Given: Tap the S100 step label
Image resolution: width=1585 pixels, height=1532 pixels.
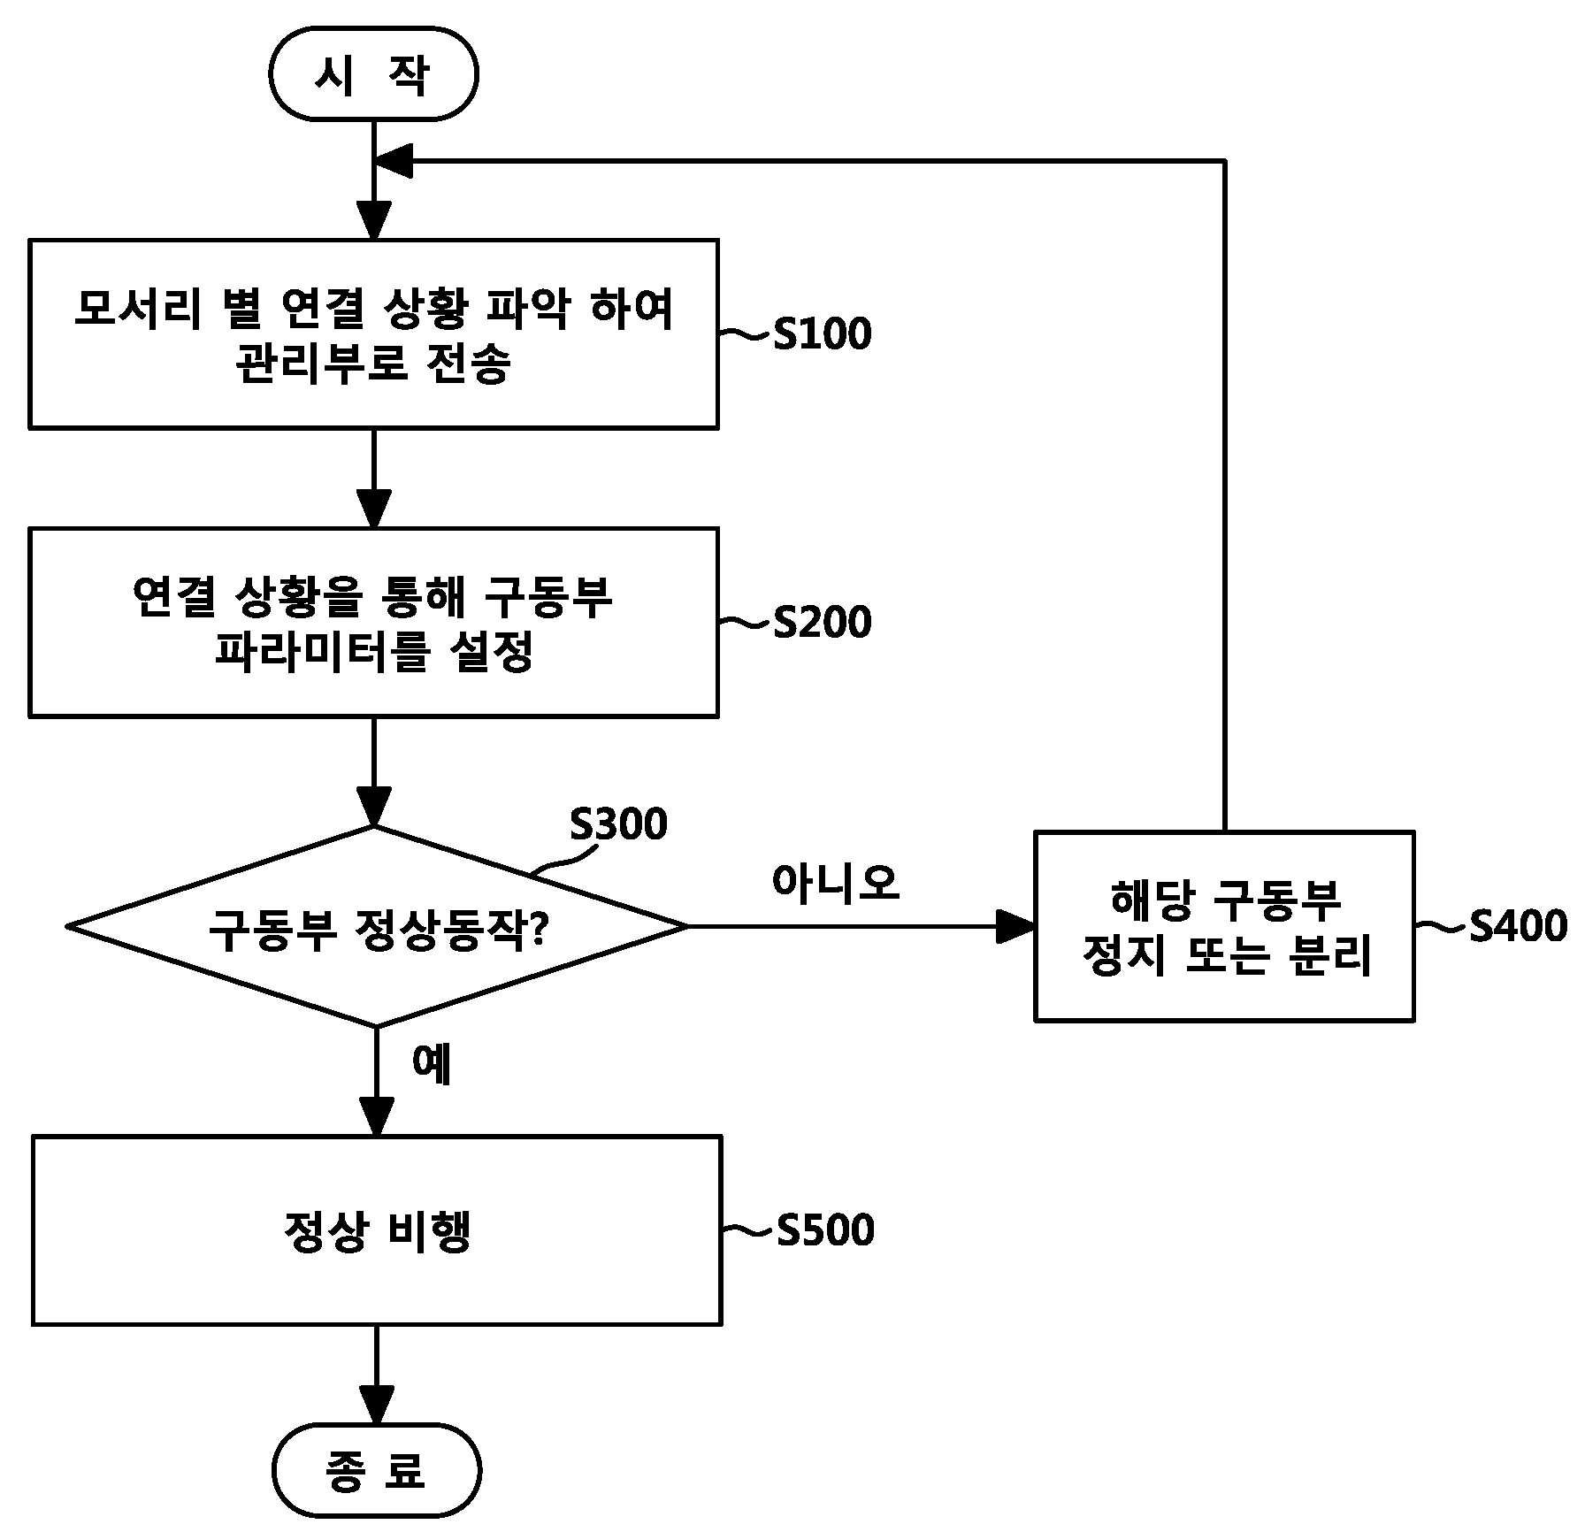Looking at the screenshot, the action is [823, 333].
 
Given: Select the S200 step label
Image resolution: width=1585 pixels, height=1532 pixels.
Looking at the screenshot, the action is [823, 622].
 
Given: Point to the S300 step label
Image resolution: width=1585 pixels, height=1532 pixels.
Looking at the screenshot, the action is [618, 824].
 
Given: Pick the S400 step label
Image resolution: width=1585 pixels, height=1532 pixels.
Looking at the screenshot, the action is [1519, 926].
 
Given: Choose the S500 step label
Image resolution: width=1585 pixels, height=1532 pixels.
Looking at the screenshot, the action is [825, 1229].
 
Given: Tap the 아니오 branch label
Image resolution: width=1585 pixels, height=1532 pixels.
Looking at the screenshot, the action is [835, 884].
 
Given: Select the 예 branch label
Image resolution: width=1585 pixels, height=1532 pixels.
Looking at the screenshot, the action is [433, 1064].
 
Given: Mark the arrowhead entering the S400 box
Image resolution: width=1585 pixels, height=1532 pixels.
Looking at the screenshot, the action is [1017, 927].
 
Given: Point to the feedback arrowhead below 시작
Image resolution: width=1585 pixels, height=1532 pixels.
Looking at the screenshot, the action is [394, 161].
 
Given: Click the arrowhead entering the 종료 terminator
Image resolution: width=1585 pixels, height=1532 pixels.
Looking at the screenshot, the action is [376, 1406].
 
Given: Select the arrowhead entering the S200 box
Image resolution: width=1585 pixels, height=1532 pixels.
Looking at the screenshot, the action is [374, 509].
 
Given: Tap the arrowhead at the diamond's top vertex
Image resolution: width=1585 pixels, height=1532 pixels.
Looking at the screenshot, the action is [374, 808].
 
